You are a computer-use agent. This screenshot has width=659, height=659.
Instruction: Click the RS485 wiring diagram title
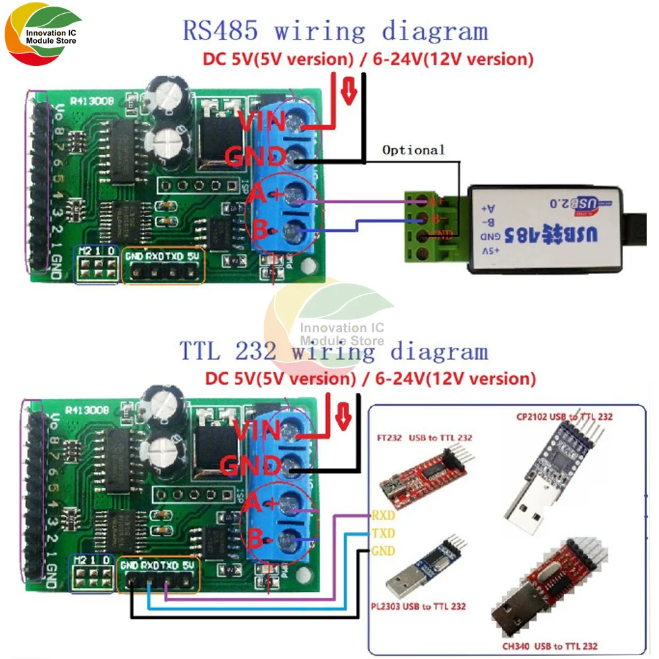335,31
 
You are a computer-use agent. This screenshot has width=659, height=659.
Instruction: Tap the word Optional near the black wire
413,150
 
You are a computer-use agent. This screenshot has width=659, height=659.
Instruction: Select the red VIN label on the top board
261,123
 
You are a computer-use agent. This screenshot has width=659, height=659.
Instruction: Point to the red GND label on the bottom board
253,467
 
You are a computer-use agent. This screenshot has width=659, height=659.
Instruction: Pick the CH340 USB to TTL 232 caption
558,646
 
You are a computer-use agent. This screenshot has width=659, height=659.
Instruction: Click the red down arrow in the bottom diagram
343,415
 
